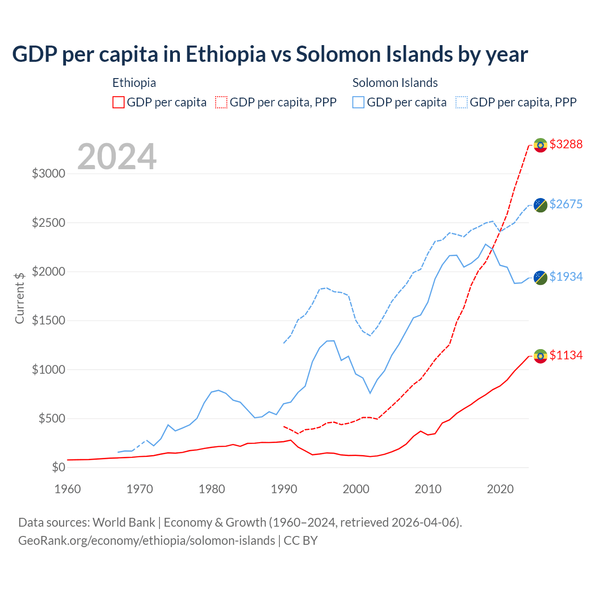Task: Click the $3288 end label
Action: pos(566,144)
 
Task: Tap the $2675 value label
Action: pos(566,204)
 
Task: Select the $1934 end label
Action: pos(566,277)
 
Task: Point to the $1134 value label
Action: pos(566,355)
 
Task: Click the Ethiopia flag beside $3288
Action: pos(540,145)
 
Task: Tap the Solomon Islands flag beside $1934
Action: pos(540,278)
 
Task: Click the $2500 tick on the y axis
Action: pos(48,223)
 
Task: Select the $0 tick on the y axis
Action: pos(59,467)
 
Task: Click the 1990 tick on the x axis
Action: pos(284,489)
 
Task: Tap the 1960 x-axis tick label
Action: pos(68,489)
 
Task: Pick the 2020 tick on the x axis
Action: pos(500,489)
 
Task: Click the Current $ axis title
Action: pos(20,297)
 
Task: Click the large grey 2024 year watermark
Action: pos(117,157)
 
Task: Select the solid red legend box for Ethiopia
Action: pos(119,102)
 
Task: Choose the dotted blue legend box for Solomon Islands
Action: pos(462,102)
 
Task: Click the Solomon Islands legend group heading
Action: pos(395,83)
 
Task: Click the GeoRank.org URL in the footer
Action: pos(146,541)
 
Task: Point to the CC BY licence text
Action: pos(301,541)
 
